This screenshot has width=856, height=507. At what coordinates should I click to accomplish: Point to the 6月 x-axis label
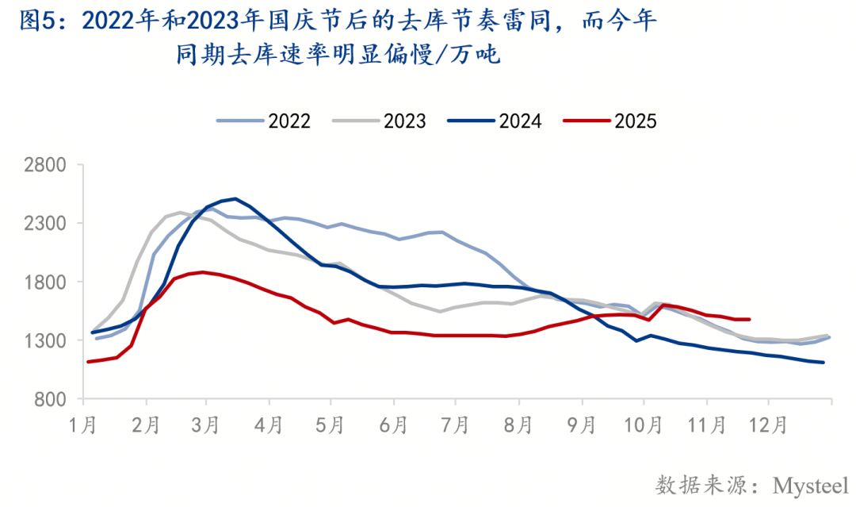tap(394, 425)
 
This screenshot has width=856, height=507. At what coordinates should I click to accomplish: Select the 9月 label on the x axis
tap(581, 425)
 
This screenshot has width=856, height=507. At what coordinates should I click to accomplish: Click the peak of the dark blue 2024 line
tap(235, 198)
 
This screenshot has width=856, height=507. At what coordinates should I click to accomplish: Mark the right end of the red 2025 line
tap(749, 320)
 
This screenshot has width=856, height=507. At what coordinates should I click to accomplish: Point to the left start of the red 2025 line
tap(88, 362)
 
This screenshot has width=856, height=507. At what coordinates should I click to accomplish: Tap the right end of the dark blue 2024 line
tap(824, 363)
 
